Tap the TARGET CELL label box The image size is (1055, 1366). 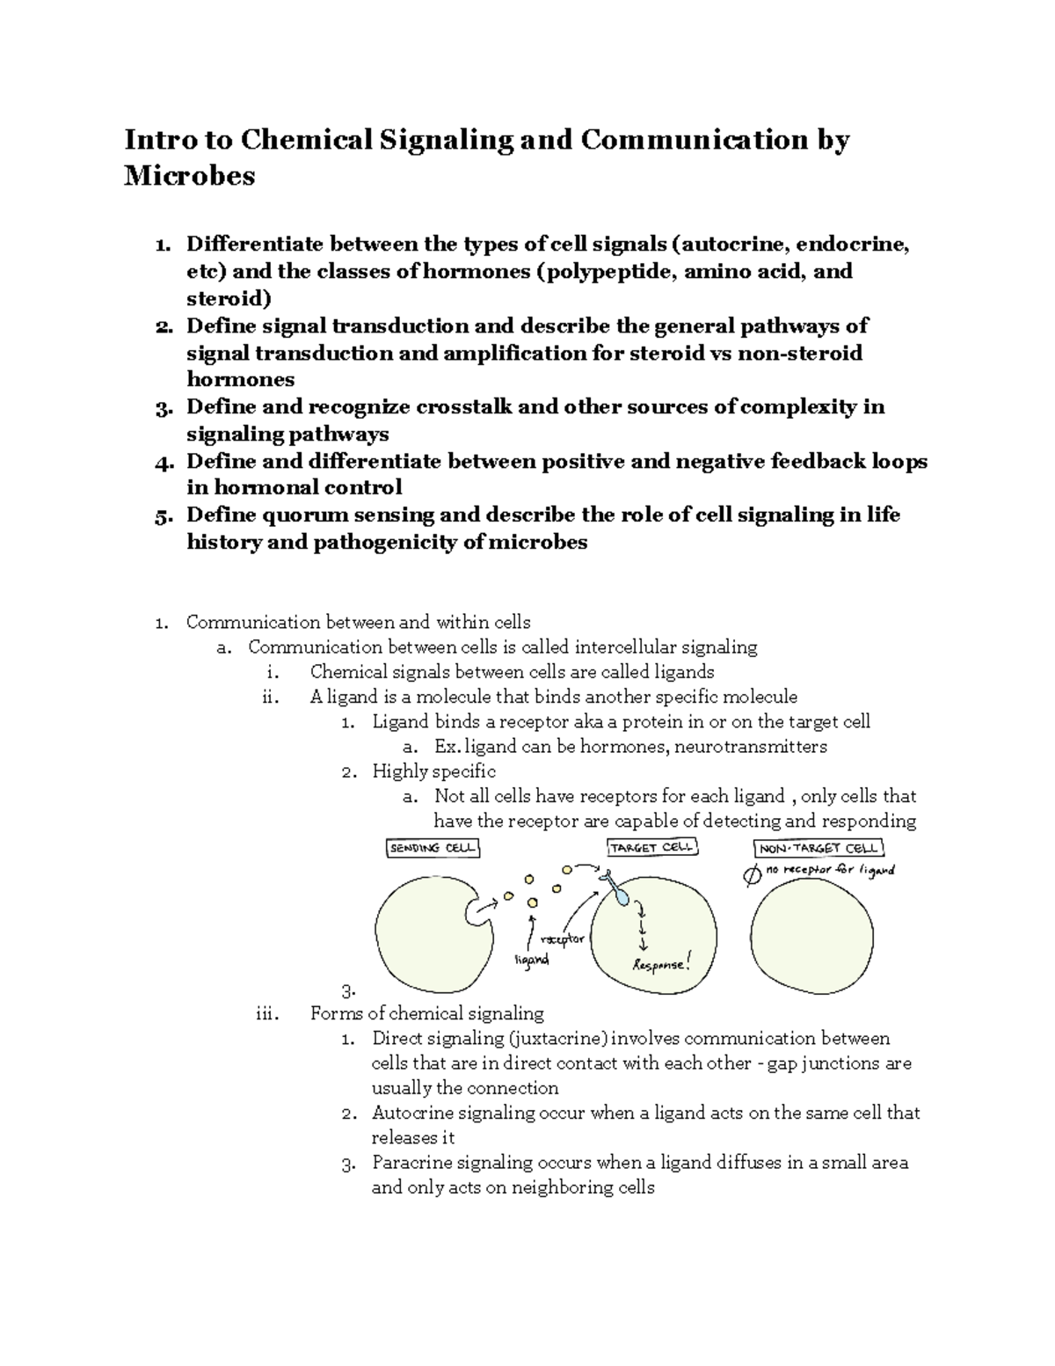click(651, 847)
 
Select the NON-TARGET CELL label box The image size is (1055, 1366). click(819, 848)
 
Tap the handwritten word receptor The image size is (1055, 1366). click(564, 939)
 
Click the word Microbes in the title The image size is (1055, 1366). click(189, 176)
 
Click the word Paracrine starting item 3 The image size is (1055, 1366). click(411, 1162)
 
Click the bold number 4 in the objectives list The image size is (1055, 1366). click(160, 462)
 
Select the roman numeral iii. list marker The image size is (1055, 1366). click(266, 1013)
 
